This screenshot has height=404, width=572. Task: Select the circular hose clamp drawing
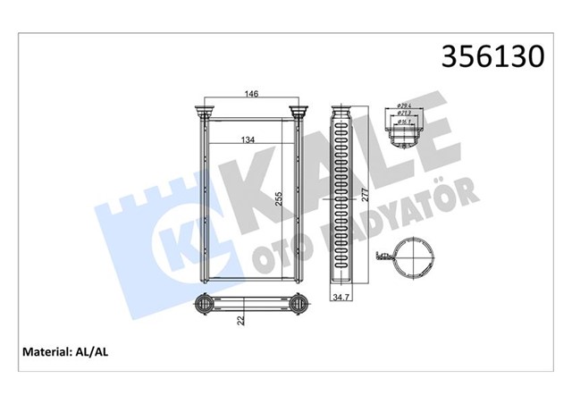pyautogui.click(x=413, y=260)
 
